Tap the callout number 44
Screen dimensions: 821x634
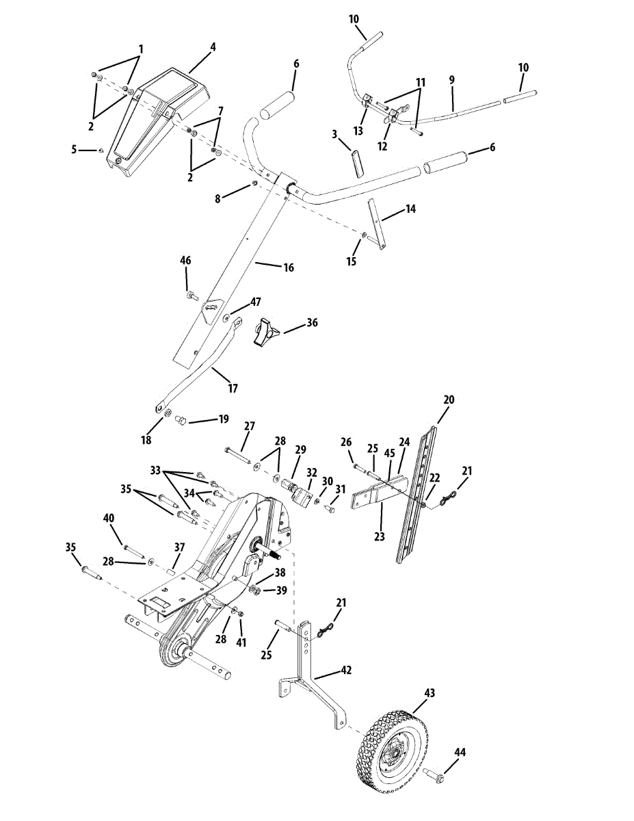pos(460,752)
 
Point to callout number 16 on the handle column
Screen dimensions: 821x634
pos(289,268)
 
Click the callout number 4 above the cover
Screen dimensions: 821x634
pos(213,47)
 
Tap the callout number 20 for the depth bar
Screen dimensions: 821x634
pos(449,400)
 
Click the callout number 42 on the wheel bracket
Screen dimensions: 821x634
pos(346,670)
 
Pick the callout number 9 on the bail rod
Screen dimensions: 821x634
pos(451,79)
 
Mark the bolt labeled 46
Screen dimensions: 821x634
pos(192,296)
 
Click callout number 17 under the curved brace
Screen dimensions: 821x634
pos(233,389)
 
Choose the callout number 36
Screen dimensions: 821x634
pos(312,322)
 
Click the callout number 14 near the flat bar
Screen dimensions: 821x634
pos(410,208)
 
